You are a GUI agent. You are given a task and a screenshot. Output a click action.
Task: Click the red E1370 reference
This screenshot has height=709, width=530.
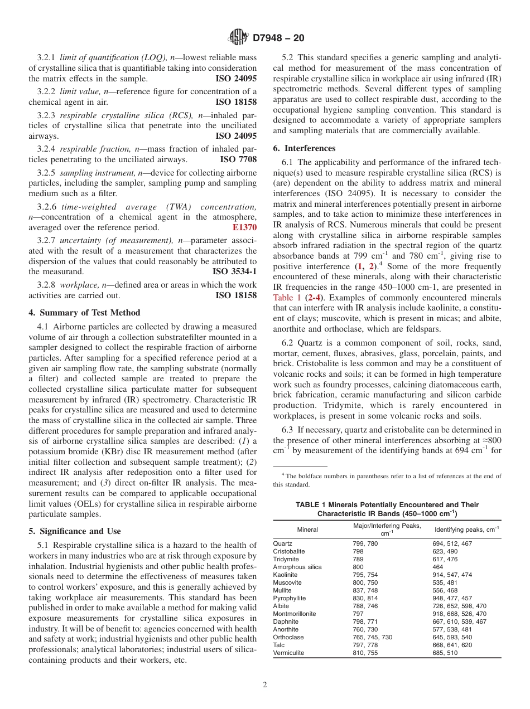244,227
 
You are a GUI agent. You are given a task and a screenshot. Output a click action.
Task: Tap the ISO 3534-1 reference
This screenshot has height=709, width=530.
235,271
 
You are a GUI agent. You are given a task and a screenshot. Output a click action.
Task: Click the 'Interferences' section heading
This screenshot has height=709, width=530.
304,148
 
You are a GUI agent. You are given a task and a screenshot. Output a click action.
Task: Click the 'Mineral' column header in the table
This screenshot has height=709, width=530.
307,530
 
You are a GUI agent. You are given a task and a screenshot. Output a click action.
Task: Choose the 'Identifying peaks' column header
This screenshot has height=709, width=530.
466,530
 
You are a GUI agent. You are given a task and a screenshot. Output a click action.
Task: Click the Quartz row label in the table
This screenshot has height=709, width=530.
282,543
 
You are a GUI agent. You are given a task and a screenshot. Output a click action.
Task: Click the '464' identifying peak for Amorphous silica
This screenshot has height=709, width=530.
438,567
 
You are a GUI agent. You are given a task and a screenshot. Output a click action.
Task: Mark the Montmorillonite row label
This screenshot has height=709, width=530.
294,614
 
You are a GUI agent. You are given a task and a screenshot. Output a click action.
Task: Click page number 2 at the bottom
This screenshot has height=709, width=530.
265,686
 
